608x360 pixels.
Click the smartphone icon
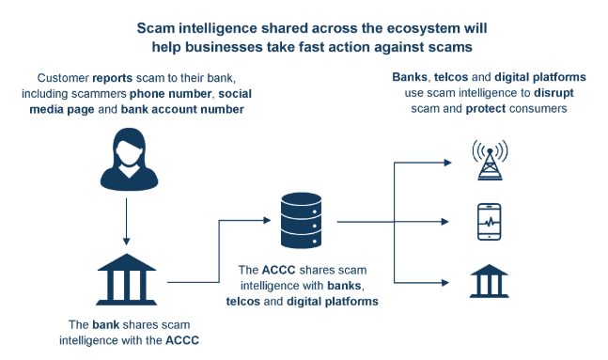489,223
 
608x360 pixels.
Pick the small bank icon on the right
489,281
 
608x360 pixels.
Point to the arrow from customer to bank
126,217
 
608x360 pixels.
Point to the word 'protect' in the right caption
477,108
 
